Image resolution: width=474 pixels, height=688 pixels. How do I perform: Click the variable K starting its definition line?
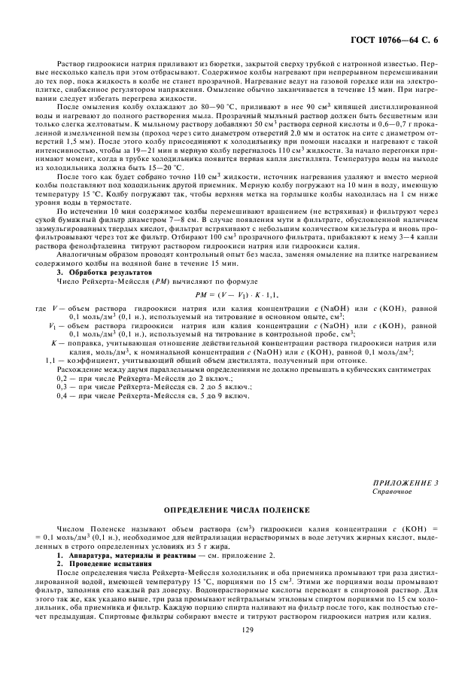pos(53,342)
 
